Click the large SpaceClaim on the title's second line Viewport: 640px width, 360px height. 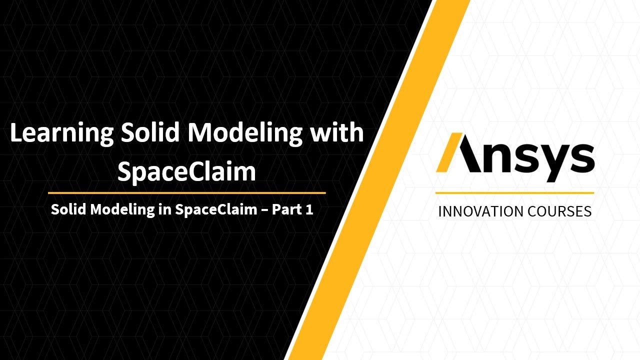coord(186,171)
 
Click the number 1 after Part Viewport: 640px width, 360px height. coord(309,209)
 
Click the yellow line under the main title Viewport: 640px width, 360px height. coord(186,192)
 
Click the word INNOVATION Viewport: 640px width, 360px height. coord(474,211)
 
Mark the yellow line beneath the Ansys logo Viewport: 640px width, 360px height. coord(514,192)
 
